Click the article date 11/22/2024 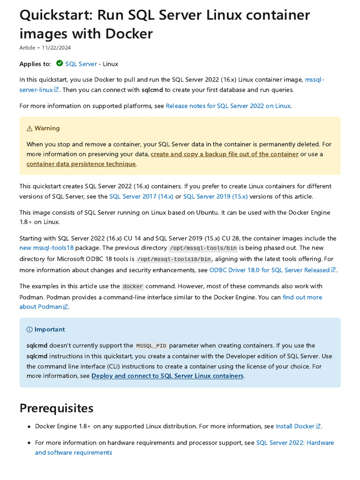pyautogui.click(x=56, y=48)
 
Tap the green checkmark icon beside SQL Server pyautogui.click(x=60, y=63)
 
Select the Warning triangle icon pyautogui.click(x=30, y=128)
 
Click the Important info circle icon pyautogui.click(x=30, y=330)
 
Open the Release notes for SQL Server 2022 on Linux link pyautogui.click(x=228, y=106)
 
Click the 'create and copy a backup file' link pyautogui.click(x=225, y=154)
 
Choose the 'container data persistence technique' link pyautogui.click(x=81, y=164)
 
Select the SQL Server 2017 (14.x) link pyautogui.click(x=141, y=196)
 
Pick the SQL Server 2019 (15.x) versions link pyautogui.click(x=215, y=196)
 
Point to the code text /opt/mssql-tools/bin pyautogui.click(x=203, y=248)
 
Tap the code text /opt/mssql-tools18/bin pyautogui.click(x=174, y=259)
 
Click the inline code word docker pyautogui.click(x=133, y=286)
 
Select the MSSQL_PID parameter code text pyautogui.click(x=151, y=346)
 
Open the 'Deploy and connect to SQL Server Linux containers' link pyautogui.click(x=167, y=376)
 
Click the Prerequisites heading pyautogui.click(x=56, y=408)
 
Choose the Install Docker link pyautogui.click(x=295, y=426)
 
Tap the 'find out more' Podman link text pyautogui.click(x=302, y=297)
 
